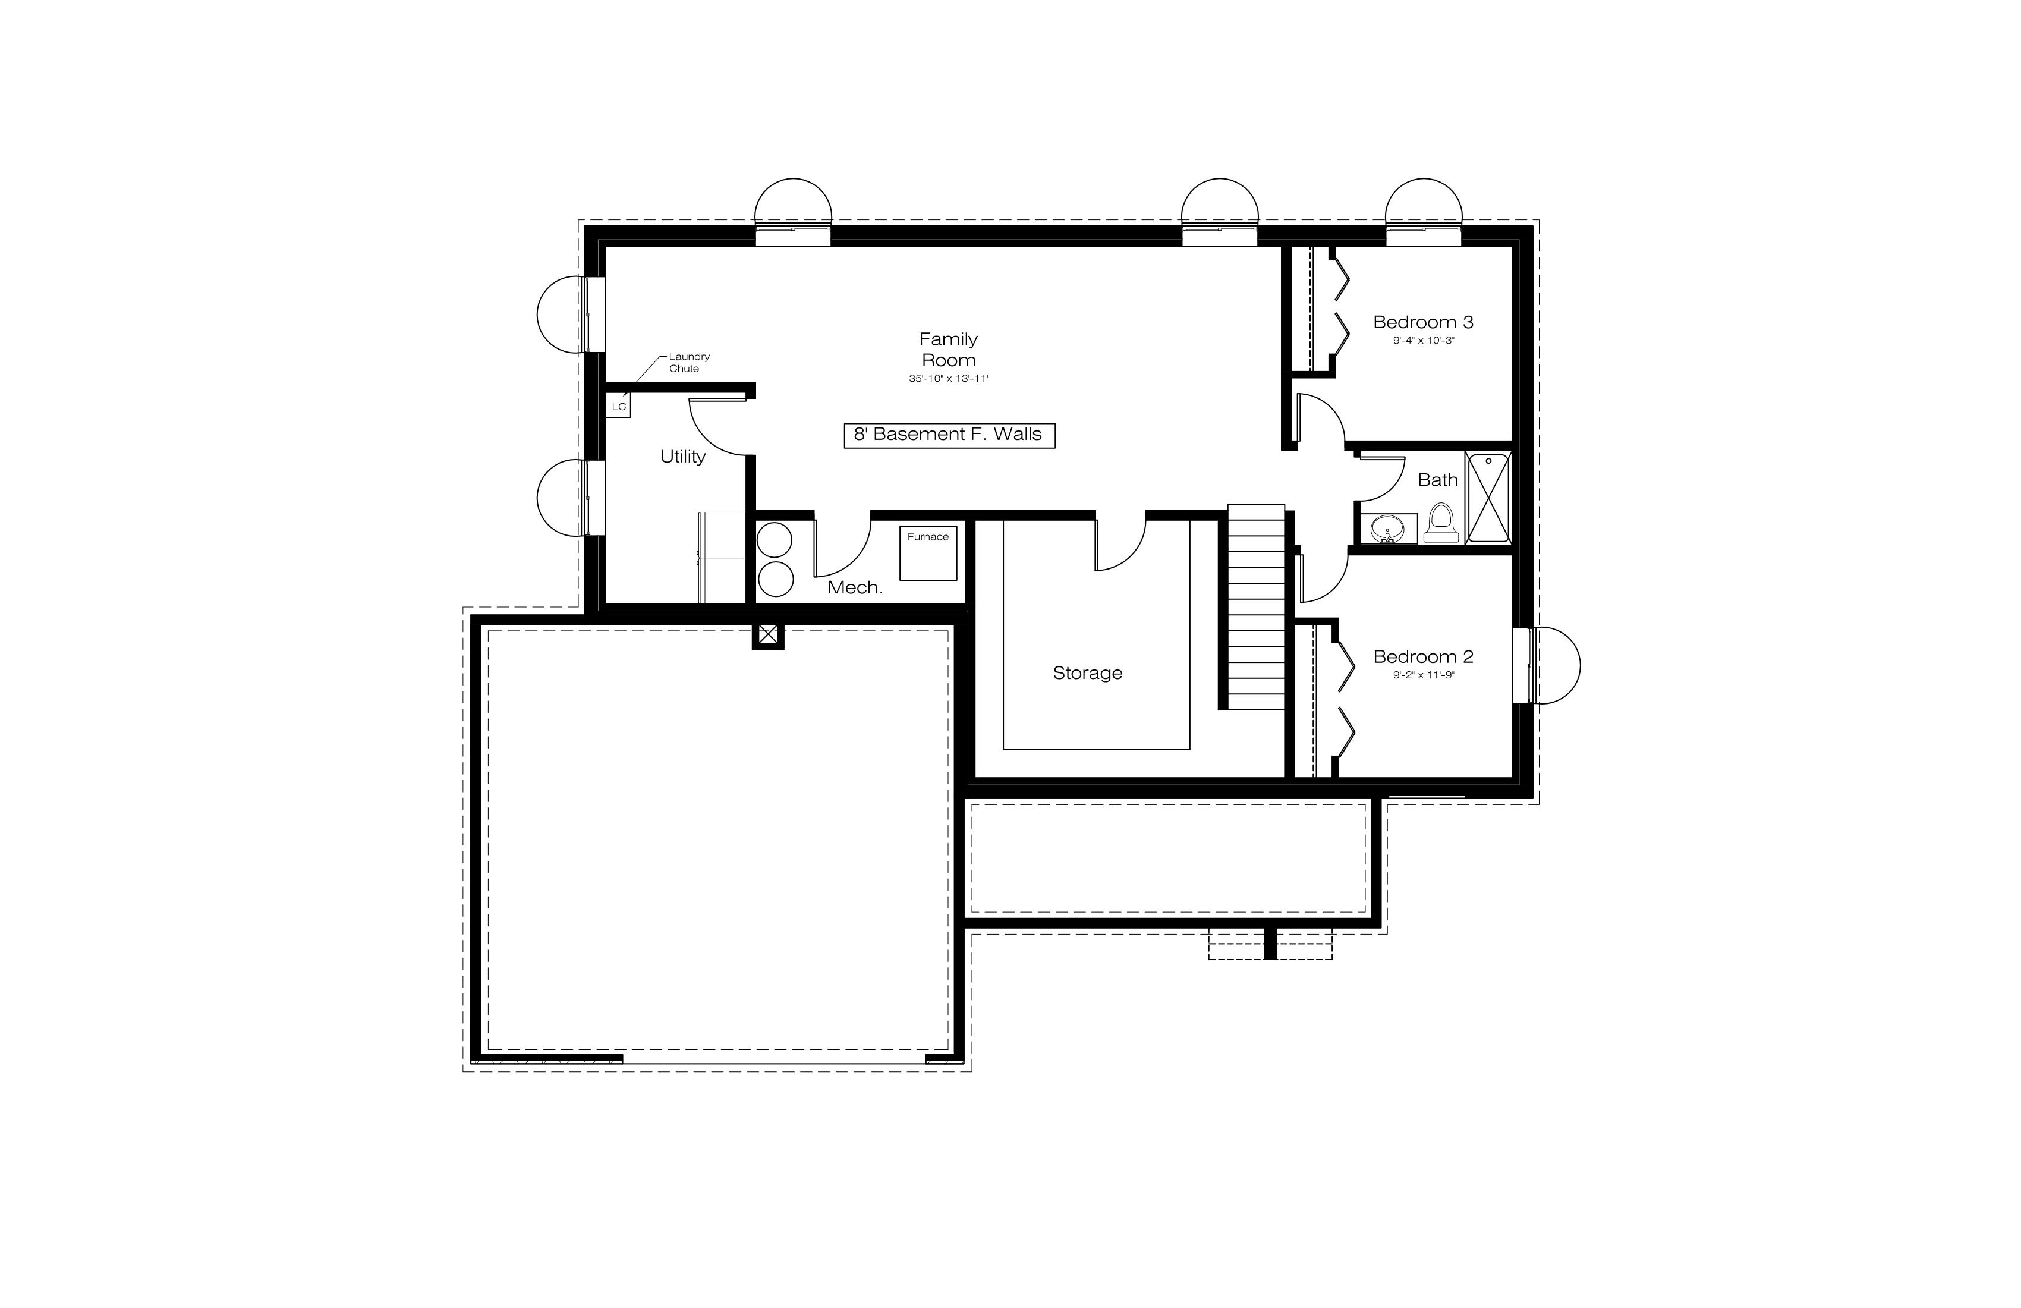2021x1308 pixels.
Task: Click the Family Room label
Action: tap(949, 349)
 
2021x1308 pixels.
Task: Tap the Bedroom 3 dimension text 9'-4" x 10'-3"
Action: tap(1423, 341)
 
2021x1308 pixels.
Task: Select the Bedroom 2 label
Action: tap(1423, 656)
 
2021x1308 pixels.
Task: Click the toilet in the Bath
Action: tap(1441, 523)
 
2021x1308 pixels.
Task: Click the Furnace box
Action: tap(928, 553)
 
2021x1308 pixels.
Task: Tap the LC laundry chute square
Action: tap(619, 406)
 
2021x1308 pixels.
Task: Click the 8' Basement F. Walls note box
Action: tap(949, 435)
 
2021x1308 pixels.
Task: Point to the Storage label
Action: tap(1088, 672)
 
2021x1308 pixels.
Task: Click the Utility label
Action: tap(683, 457)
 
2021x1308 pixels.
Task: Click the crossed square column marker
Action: tap(767, 634)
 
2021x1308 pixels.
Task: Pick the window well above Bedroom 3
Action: tap(1424, 212)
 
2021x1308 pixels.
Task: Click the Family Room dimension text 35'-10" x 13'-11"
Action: tap(949, 379)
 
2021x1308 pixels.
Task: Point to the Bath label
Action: tap(1438, 480)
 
